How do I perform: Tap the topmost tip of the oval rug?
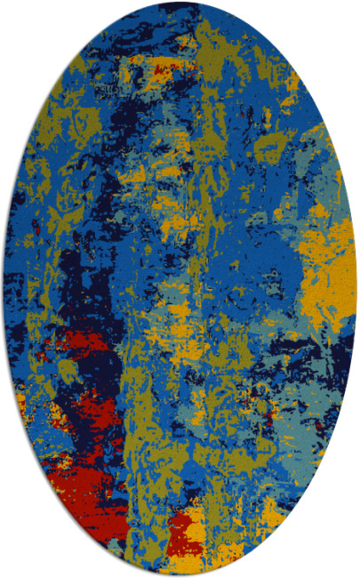click(x=180, y=3)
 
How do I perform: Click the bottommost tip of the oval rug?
click(x=180, y=574)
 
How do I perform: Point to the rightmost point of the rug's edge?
click(x=356, y=289)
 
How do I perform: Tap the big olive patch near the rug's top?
click(x=213, y=44)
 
